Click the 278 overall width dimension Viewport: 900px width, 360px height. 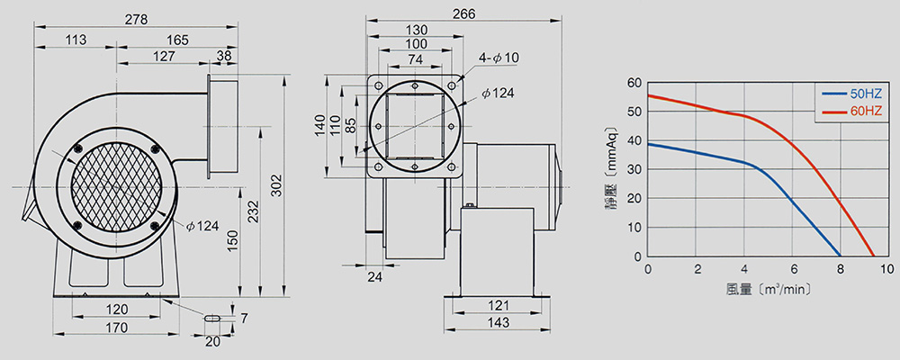pos(136,18)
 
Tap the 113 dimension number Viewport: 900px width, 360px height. pos(76,40)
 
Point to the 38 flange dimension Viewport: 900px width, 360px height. pos(225,56)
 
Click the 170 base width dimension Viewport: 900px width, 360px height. pos(117,328)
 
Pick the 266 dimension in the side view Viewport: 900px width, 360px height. pos(463,13)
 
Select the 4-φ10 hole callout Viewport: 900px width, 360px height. pos(499,58)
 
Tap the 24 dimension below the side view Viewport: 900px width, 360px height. pos(374,276)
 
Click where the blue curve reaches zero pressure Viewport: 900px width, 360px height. pos(841,256)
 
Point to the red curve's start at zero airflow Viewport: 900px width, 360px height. pos(648,94)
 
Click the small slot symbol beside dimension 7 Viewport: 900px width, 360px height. pos(211,317)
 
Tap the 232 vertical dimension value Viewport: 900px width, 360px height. pos(255,211)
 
